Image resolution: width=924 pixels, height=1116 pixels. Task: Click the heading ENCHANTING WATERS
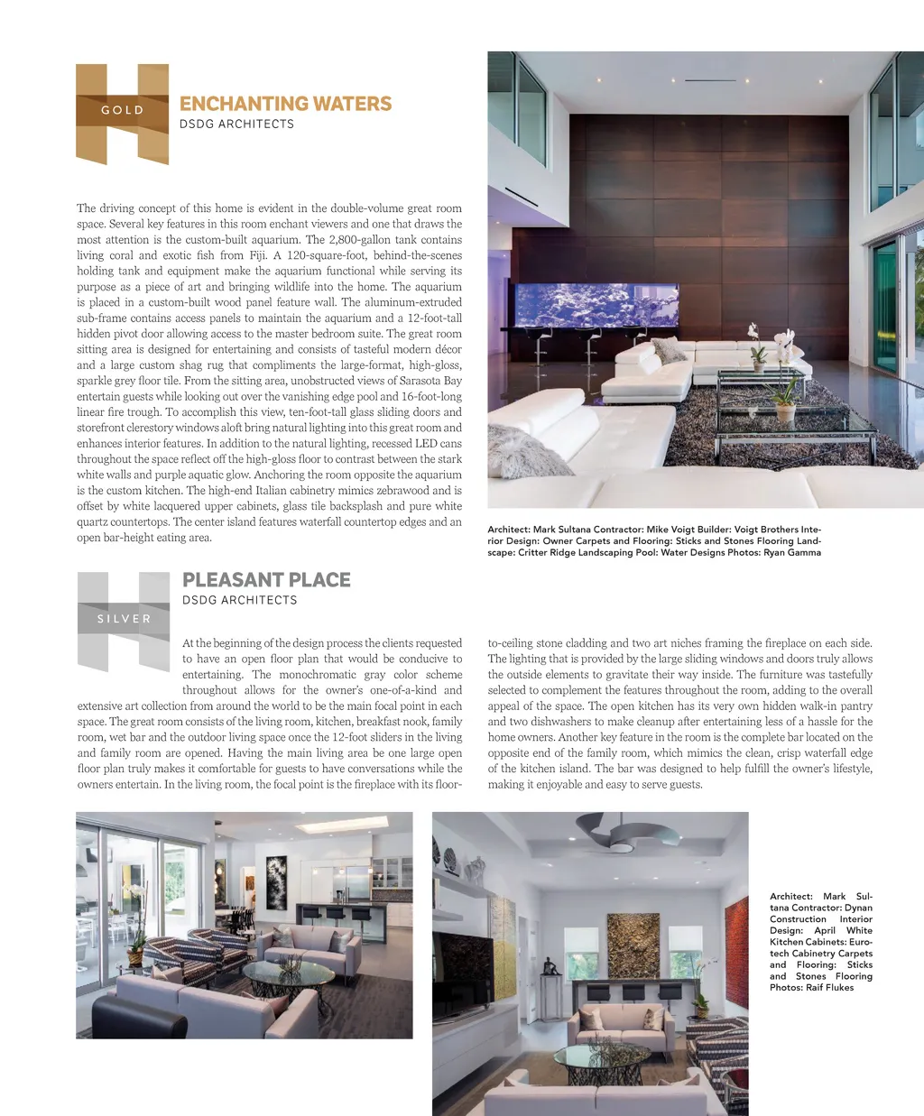click(x=285, y=104)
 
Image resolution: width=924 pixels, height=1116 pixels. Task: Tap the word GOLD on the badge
click(x=123, y=110)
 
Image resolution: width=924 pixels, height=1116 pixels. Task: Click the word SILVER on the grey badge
click(x=125, y=619)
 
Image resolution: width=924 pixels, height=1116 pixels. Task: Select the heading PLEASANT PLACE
click(x=266, y=580)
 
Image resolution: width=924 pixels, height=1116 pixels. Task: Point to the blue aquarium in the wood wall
click(x=596, y=305)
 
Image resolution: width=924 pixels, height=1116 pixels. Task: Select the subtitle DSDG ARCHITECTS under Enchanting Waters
click(x=236, y=125)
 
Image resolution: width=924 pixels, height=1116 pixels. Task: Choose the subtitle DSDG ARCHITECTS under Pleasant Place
click(x=239, y=600)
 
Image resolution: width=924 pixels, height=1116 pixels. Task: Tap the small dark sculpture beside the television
click(x=550, y=967)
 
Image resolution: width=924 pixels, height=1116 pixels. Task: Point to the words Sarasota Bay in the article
click(x=428, y=381)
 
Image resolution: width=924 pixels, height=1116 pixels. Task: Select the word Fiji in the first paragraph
click(x=257, y=255)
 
